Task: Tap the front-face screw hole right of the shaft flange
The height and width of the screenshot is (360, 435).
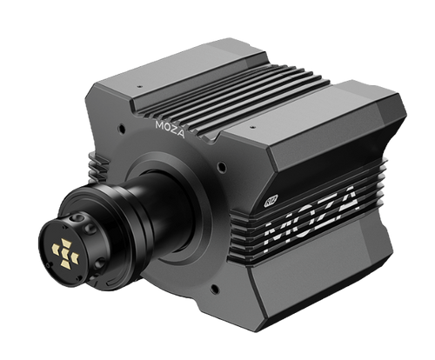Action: coord(224,165)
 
